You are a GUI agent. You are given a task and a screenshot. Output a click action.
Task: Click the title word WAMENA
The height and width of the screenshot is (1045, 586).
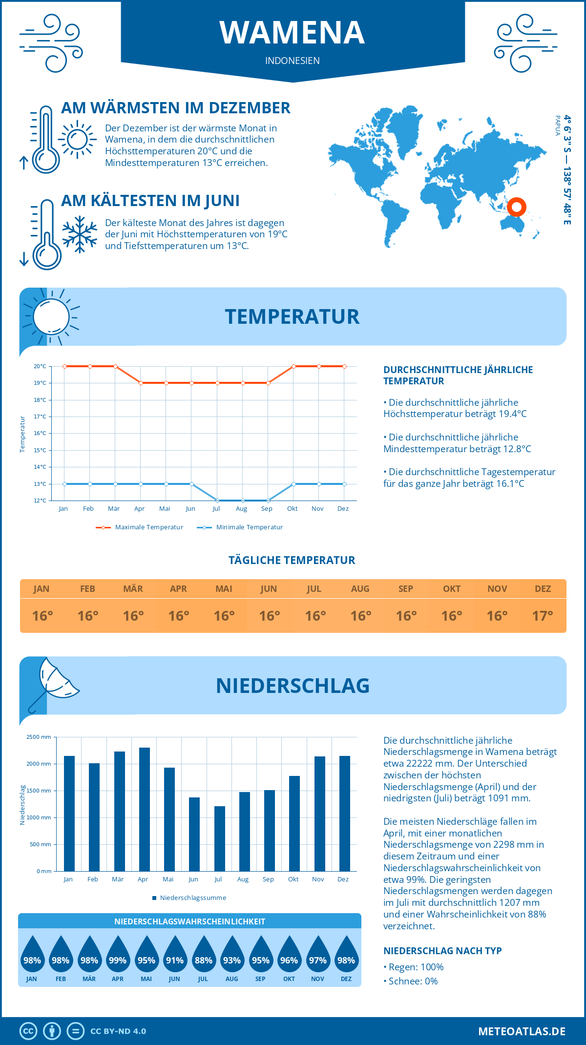click(292, 33)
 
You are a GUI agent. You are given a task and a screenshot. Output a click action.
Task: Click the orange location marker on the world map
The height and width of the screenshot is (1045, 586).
click(516, 207)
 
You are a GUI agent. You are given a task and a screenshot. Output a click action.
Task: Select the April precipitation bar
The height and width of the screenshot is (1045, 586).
click(145, 809)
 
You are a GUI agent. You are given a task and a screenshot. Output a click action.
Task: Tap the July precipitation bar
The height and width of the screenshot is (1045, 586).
click(220, 838)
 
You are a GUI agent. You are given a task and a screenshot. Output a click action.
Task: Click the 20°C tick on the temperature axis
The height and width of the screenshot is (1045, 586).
click(40, 366)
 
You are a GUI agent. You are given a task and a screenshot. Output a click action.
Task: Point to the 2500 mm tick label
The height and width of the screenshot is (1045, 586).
click(39, 737)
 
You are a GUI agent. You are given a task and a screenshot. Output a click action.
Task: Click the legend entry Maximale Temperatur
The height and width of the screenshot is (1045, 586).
click(140, 527)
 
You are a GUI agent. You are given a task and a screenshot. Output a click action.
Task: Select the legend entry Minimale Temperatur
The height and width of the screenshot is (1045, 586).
click(240, 527)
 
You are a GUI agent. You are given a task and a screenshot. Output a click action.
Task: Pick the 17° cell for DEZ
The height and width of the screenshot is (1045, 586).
click(543, 616)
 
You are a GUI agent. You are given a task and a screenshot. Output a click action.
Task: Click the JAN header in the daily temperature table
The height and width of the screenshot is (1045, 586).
click(42, 589)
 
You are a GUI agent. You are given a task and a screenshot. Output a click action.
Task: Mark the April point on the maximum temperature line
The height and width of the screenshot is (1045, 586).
click(141, 383)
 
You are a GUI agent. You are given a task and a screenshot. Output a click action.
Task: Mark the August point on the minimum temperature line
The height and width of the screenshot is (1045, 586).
click(243, 501)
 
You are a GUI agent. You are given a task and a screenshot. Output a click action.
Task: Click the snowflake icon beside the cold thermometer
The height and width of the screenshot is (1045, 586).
click(80, 234)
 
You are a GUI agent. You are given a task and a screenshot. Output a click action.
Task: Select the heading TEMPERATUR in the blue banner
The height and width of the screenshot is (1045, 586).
click(292, 316)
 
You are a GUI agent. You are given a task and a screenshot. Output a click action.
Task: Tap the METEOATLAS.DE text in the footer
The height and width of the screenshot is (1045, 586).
click(522, 1031)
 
